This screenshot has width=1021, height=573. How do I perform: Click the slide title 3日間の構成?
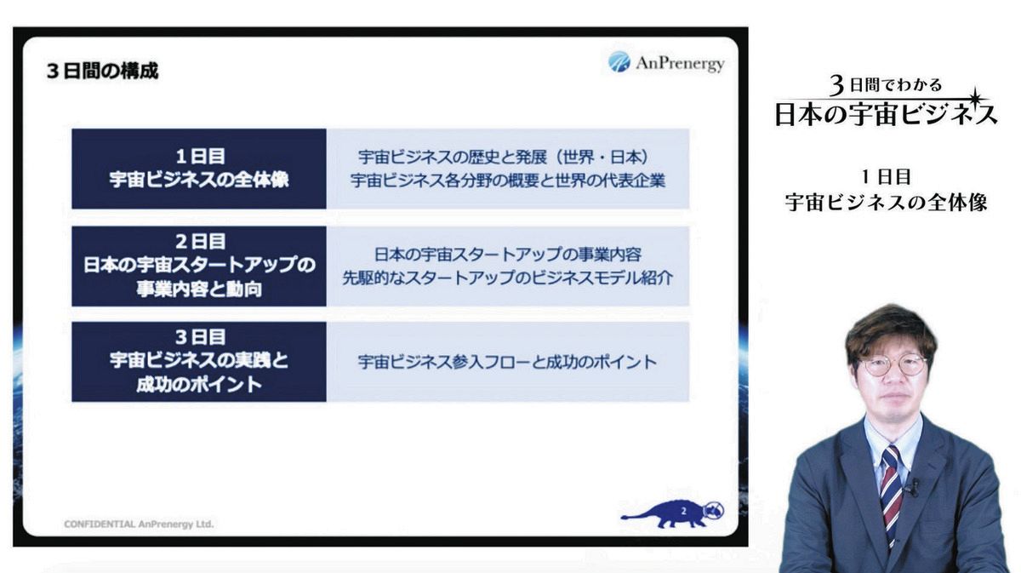[103, 72]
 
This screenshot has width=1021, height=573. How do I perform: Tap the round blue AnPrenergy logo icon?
[619, 62]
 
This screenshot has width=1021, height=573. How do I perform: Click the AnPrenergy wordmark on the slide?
[680, 64]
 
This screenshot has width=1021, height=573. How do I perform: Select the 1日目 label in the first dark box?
[200, 157]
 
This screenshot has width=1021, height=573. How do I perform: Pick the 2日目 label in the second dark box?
[200, 242]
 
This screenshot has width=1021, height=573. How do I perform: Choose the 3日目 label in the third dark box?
[200, 338]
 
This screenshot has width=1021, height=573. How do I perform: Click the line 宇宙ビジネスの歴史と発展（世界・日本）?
[504, 158]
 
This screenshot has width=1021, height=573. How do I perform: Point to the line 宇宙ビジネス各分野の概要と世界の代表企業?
[508, 180]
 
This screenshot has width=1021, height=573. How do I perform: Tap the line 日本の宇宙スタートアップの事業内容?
[508, 255]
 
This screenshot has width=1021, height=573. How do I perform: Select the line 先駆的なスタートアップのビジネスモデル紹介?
[508, 278]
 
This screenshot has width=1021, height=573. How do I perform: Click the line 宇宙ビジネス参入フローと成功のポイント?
[507, 362]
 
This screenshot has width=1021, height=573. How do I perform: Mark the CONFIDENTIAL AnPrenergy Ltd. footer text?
[139, 524]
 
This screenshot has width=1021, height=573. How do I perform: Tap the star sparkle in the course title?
[975, 98]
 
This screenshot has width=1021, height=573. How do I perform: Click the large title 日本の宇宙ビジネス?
[886, 114]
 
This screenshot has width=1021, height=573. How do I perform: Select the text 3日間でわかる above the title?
[885, 85]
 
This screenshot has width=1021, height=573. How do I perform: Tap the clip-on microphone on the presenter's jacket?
[912, 488]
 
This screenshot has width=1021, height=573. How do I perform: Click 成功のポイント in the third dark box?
[199, 385]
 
